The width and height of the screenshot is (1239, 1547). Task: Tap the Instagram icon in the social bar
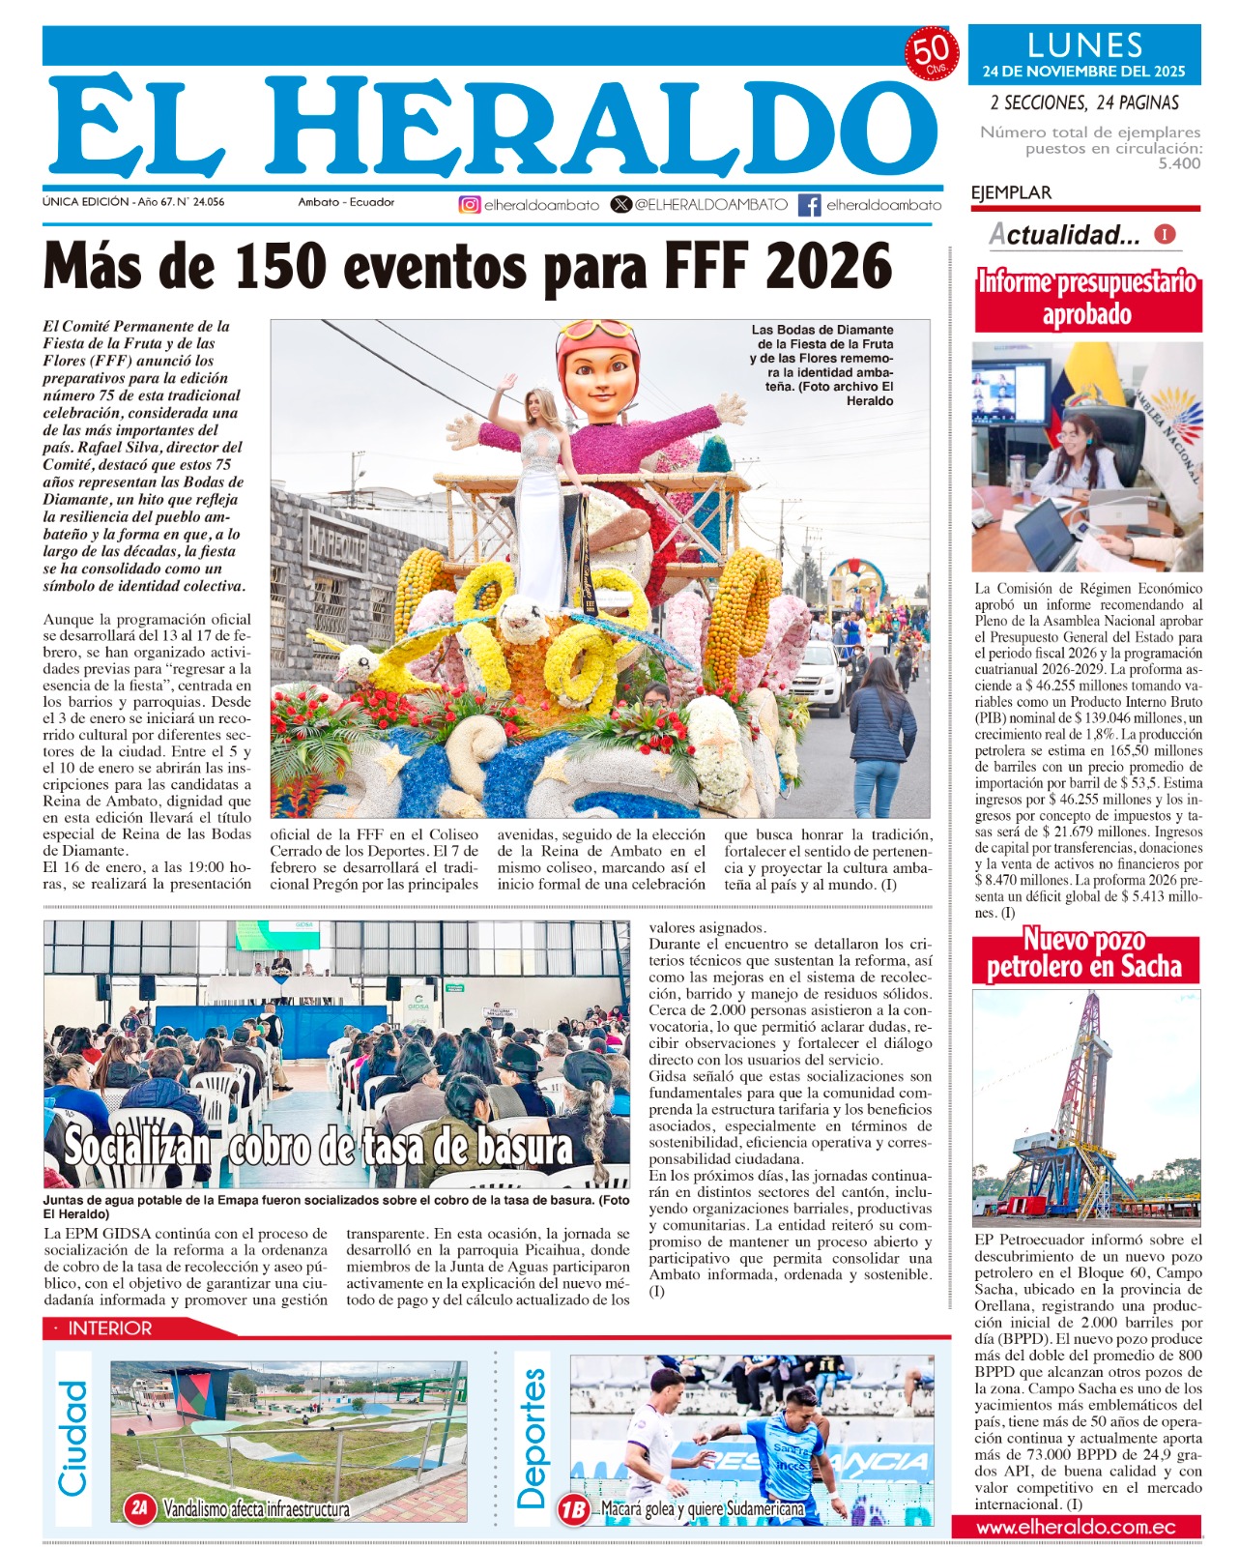point(470,204)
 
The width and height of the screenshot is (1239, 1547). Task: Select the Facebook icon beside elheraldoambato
point(810,204)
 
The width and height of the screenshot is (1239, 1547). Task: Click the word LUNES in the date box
point(1084,45)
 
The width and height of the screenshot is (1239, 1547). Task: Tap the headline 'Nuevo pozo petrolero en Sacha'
point(1084,953)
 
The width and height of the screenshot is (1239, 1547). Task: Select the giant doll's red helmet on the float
point(597,339)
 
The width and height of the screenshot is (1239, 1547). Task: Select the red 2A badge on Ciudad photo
point(141,1507)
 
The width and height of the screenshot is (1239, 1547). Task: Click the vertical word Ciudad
point(74,1438)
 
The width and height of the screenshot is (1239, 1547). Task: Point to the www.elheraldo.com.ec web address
point(1075,1528)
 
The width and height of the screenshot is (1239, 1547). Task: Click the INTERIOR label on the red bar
point(109,1328)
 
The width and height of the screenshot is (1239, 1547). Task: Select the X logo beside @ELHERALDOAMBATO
point(621,204)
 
